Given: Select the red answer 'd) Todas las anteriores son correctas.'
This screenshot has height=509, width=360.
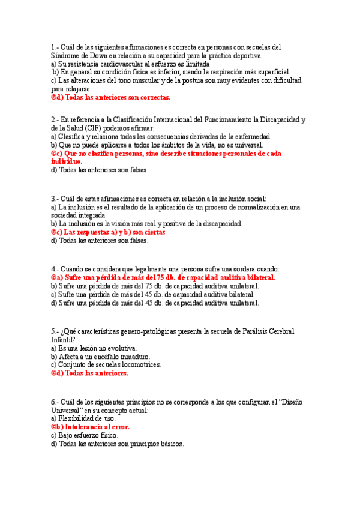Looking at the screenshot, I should point(111,97).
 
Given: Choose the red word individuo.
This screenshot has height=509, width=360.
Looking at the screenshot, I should point(67,161).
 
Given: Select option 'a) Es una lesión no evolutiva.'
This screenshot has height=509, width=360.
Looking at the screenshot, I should point(94,348).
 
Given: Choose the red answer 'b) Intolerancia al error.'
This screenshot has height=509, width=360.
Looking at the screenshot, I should point(90,427).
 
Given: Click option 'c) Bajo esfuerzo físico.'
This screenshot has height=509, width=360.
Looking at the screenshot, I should point(85,435).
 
